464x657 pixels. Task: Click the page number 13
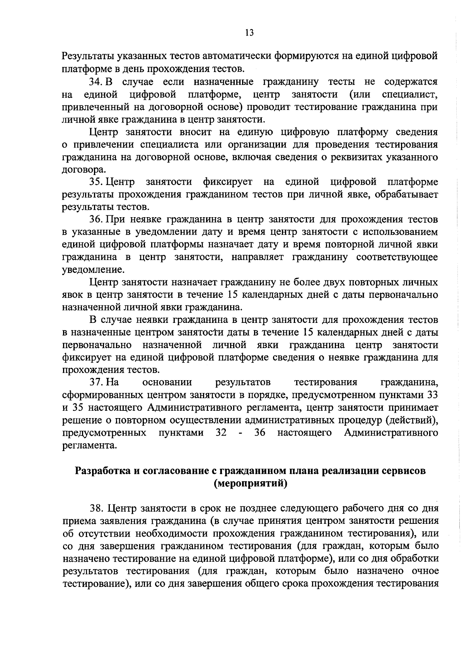point(249,33)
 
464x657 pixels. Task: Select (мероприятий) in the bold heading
point(250,484)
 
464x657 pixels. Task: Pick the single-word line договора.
point(84,170)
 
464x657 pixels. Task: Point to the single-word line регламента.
point(89,445)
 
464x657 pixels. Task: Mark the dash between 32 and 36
point(241,433)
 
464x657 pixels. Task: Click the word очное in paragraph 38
point(425,571)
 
